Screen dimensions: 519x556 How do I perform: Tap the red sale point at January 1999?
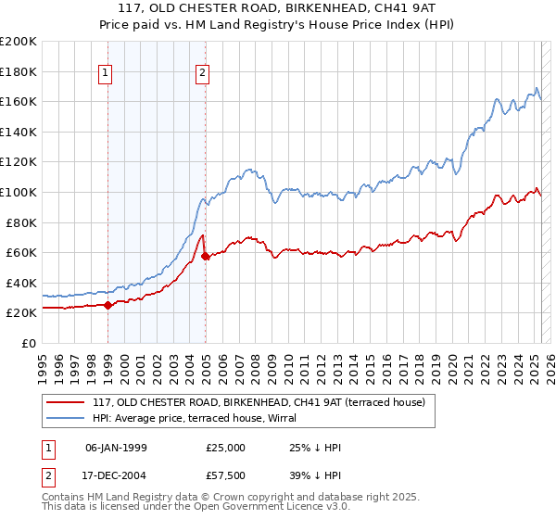click(x=107, y=305)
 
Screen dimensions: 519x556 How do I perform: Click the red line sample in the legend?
click(x=66, y=402)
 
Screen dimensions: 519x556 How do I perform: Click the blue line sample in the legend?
click(x=66, y=418)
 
